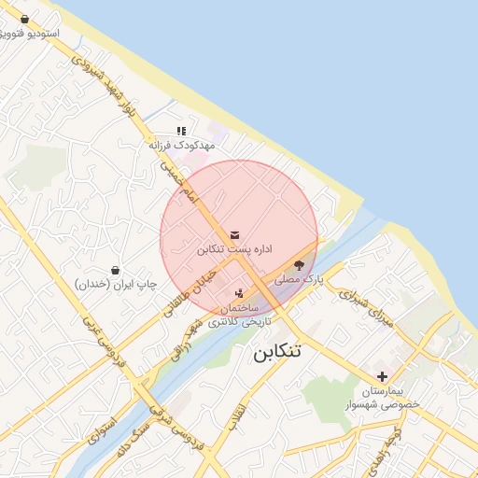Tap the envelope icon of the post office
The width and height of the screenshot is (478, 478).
[233, 234]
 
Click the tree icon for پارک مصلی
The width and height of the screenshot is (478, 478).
[299, 265]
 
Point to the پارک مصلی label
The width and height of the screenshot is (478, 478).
[299, 279]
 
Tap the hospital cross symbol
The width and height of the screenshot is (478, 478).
[383, 375]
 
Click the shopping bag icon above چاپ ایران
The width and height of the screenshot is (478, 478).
[115, 270]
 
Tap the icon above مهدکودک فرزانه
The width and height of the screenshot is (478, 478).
[181, 132]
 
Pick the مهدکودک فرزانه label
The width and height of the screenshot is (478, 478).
[182, 146]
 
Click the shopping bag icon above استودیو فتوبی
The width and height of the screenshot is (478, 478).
[24, 20]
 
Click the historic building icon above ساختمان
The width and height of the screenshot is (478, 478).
[239, 294]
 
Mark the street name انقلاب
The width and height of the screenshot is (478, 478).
[239, 414]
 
